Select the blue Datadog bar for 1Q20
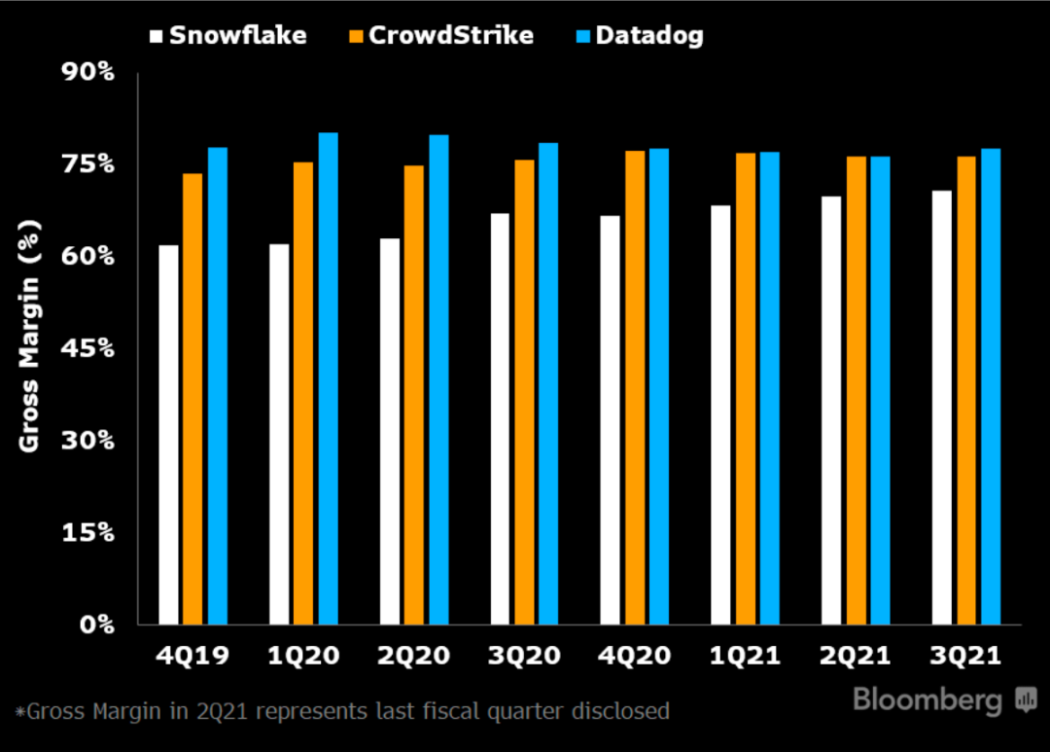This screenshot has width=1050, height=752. tap(329, 378)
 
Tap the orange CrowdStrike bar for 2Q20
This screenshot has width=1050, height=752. tap(414, 395)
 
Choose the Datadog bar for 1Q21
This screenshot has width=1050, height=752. tap(770, 388)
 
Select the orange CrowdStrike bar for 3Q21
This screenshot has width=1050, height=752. tap(966, 390)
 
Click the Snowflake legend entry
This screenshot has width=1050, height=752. tap(228, 36)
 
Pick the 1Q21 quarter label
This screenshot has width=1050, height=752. tap(747, 656)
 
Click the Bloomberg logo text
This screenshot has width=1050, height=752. tap(927, 699)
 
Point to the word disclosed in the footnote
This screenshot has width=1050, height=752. tap(621, 711)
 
